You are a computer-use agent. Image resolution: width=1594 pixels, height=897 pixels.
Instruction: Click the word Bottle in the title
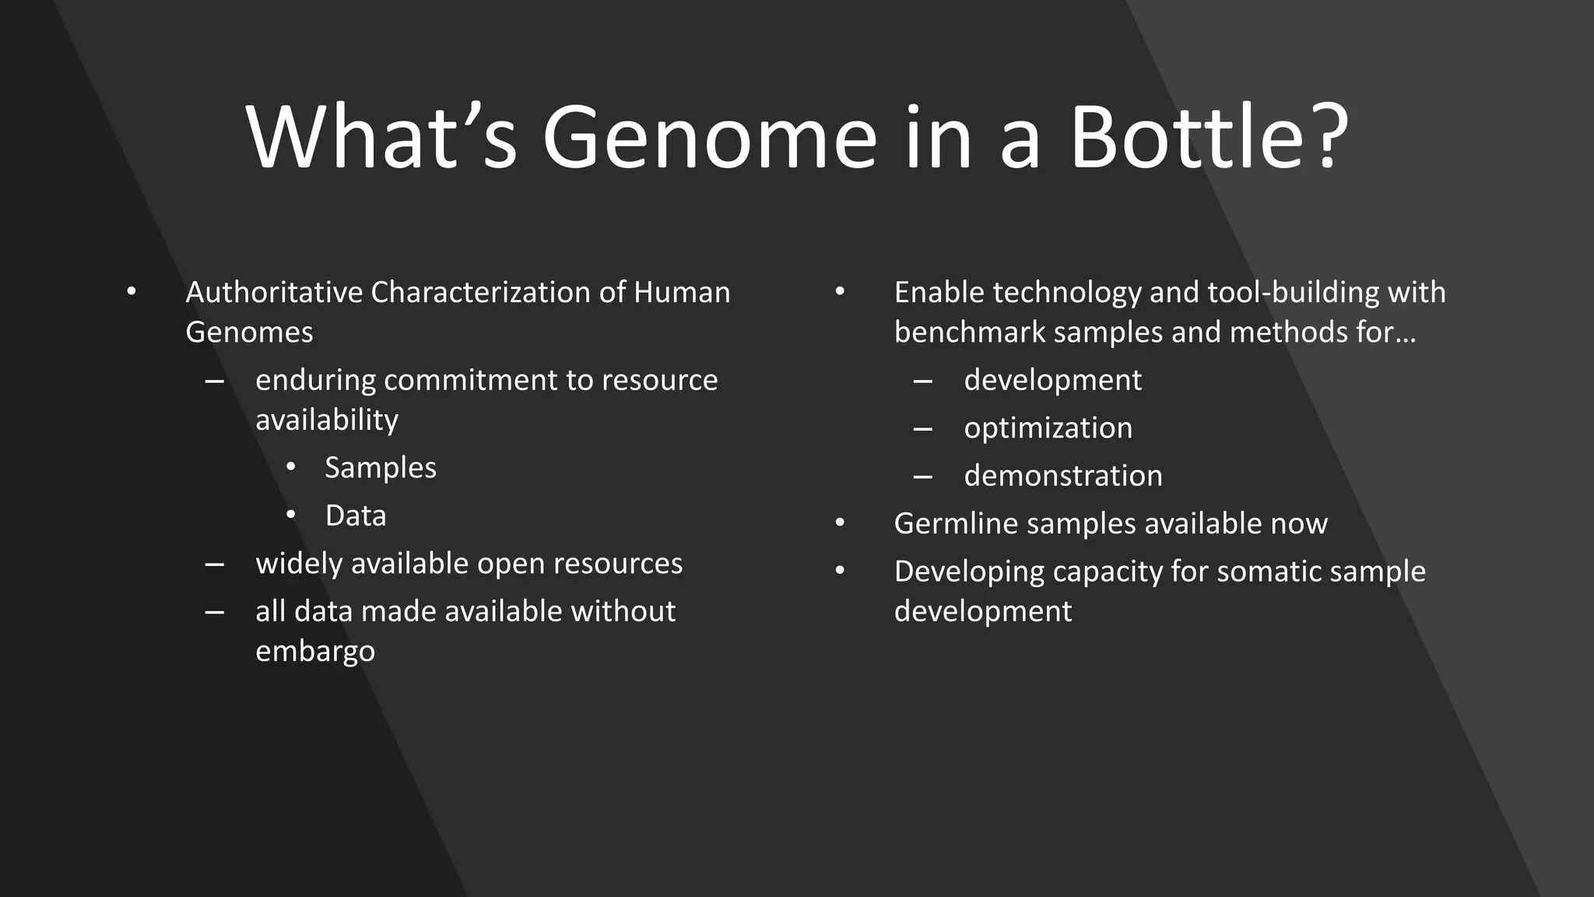pos(1195,138)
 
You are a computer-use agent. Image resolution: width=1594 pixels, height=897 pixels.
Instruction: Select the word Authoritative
pos(274,293)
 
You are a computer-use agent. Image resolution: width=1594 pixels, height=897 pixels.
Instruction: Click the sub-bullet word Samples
pos(381,468)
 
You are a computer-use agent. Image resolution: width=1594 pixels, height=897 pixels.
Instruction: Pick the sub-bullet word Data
pos(356,515)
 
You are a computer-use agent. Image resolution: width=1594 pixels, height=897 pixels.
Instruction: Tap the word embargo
pos(315,651)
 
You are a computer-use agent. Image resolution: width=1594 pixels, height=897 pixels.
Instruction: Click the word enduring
pos(315,380)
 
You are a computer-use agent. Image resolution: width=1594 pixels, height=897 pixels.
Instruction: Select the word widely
pos(299,564)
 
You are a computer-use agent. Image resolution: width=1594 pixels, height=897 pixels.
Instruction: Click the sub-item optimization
pos(1048,428)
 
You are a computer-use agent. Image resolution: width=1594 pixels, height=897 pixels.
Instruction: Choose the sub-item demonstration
pos(1063,476)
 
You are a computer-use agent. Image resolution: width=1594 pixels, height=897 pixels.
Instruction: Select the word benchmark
pos(969,332)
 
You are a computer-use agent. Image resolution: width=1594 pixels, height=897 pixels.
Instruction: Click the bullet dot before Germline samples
pos(840,523)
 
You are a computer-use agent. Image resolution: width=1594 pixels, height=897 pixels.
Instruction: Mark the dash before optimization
pos(923,429)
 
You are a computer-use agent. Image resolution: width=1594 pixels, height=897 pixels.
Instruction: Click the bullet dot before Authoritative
pos(132,292)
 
